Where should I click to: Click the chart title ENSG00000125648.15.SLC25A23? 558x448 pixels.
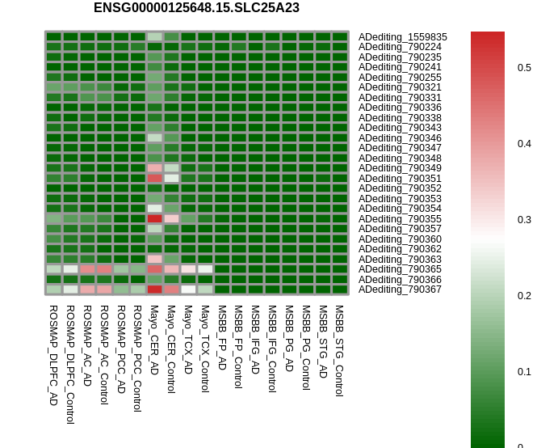coord(196,8)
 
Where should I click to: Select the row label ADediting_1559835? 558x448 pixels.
coord(402,36)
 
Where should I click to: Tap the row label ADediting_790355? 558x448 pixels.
coord(400,218)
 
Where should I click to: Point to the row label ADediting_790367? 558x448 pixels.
coord(400,289)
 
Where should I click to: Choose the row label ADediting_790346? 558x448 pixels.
coord(400,137)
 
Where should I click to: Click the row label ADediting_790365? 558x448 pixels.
coord(400,269)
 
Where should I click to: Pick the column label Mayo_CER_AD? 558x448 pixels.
coord(154,340)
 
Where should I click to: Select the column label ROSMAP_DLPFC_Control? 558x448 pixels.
coord(70,364)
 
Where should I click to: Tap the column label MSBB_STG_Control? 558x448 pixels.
coord(339,351)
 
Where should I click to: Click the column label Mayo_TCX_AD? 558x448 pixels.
coord(188,340)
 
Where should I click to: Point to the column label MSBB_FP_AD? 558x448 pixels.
coord(222,337)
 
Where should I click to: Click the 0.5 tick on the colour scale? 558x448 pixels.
coord(524,68)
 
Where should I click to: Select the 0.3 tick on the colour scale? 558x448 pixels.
coord(524,219)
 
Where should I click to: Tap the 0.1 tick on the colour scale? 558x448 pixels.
coord(524,372)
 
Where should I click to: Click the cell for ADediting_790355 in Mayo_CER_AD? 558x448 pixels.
coord(155,218)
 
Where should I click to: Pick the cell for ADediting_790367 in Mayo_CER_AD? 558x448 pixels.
coord(155,289)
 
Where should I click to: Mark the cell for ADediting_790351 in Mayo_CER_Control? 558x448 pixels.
coord(171,178)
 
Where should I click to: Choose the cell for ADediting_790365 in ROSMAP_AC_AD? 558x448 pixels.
coord(87,269)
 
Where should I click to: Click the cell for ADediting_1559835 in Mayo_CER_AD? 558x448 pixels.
coord(155,36)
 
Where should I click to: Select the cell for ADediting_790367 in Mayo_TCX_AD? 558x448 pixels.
coord(188,289)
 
